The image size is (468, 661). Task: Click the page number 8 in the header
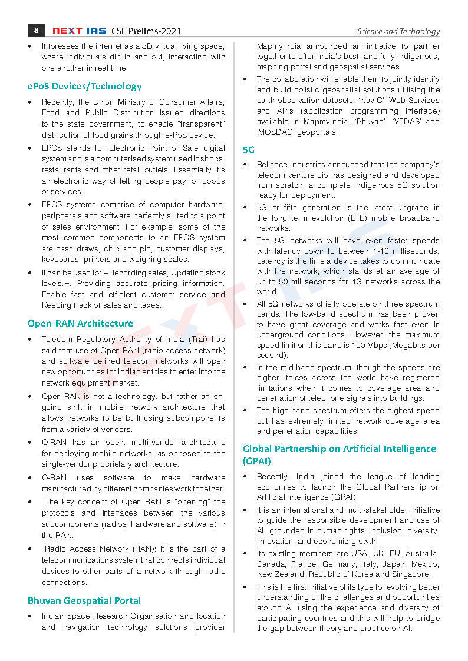coord(37,31)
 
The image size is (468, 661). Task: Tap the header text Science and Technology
coord(398,32)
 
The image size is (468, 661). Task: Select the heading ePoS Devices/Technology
coord(85,87)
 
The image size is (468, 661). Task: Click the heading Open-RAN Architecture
coord(80,323)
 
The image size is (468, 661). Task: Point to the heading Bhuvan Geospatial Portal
coord(84,600)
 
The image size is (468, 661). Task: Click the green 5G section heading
coord(249,150)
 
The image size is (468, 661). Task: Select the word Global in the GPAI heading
coord(258,449)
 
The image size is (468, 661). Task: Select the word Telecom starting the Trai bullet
coord(57,339)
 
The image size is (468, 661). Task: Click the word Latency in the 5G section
coord(272,261)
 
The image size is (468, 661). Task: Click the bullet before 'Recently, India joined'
coord(245,476)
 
